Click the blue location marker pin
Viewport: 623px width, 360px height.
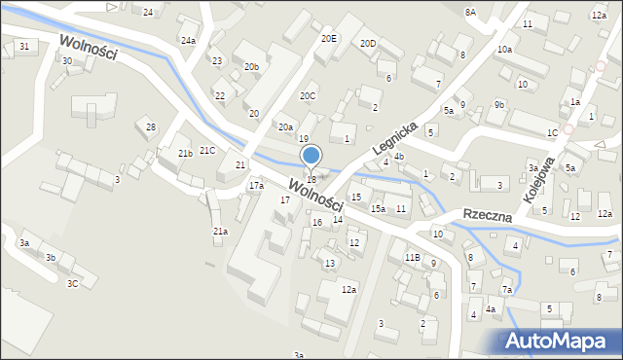click(x=311, y=156)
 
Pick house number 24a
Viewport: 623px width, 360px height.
click(x=188, y=41)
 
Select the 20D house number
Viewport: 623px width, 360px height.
click(x=368, y=44)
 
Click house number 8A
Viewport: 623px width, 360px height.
click(x=470, y=12)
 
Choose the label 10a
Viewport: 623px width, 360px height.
click(x=504, y=49)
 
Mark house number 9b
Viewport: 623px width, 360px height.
click(x=499, y=104)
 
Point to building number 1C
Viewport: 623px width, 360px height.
click(x=552, y=132)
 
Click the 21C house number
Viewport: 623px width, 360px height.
click(x=207, y=150)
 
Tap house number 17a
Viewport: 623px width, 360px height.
click(x=256, y=185)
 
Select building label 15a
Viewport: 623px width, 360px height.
click(x=377, y=209)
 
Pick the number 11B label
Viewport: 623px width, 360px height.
click(x=413, y=257)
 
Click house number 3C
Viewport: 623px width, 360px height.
click(x=72, y=284)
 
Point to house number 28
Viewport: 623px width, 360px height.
click(x=151, y=127)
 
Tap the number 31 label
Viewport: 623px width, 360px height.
click(x=24, y=47)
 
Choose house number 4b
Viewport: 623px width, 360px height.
click(x=399, y=157)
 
